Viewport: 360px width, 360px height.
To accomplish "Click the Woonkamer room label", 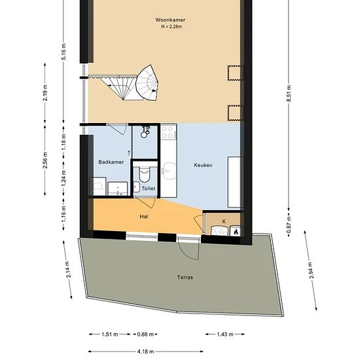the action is click(170, 20).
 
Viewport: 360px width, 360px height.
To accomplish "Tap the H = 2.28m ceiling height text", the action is click(171, 27).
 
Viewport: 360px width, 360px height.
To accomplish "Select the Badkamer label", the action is click(111, 162).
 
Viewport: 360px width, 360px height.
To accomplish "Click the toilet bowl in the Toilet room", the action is click(145, 173).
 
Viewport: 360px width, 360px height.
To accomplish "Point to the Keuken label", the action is click(203, 165).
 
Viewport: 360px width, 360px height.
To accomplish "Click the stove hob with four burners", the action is click(169, 132).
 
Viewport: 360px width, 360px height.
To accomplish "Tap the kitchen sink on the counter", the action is click(169, 171).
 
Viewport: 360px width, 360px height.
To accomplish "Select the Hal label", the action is click(144, 217).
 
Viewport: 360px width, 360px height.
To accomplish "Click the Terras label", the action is click(185, 277).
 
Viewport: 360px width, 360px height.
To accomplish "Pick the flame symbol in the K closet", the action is click(236, 232).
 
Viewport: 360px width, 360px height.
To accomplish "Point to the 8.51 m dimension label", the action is click(289, 93).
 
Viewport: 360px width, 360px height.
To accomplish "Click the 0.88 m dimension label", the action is click(145, 334).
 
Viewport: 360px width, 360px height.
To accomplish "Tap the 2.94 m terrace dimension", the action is click(310, 270).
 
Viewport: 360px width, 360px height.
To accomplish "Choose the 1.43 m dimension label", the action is click(225, 334).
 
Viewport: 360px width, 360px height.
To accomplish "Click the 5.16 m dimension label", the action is click(64, 52).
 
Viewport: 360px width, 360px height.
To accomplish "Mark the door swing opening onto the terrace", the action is click(189, 250).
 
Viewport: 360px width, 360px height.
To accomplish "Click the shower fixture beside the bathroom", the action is click(145, 131).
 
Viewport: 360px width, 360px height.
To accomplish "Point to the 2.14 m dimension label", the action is click(67, 269).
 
